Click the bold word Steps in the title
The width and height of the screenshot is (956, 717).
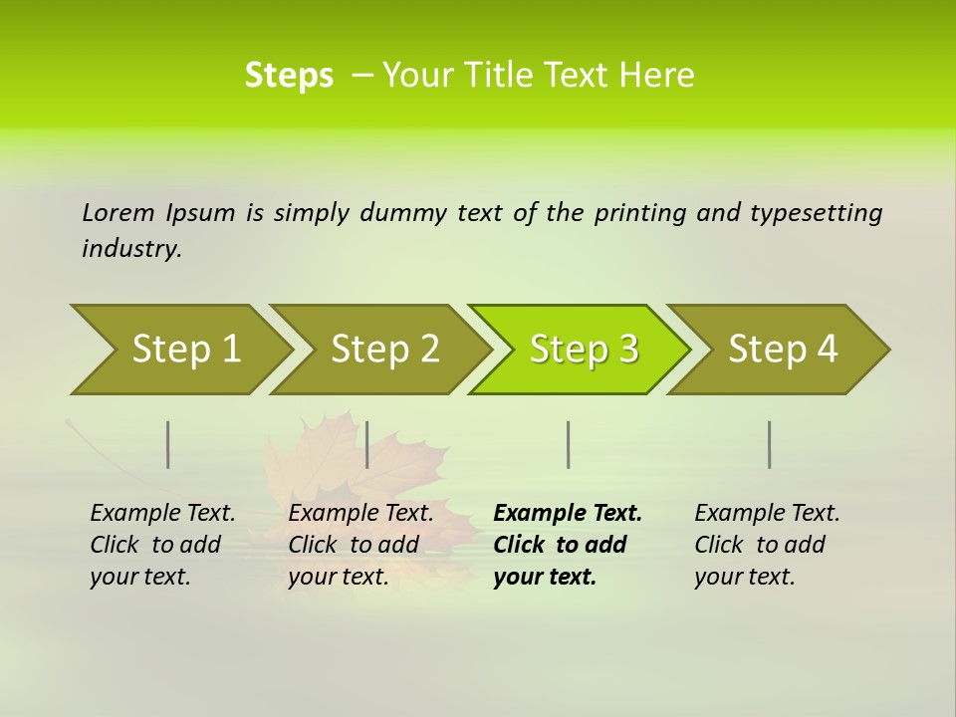(x=289, y=76)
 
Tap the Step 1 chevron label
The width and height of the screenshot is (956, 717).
(x=186, y=350)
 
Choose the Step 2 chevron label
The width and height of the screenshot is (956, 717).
(x=385, y=350)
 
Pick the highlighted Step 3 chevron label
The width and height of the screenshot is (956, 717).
(x=584, y=350)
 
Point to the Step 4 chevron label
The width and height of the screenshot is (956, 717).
(x=783, y=350)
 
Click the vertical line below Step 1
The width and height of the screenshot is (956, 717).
(x=168, y=445)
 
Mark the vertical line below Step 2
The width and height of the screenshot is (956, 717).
(x=367, y=445)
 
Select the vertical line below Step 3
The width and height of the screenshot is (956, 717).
(x=568, y=445)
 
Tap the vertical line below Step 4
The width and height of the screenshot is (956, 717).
(x=770, y=445)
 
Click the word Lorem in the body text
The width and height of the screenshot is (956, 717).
(x=119, y=213)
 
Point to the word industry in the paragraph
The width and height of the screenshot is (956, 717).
(x=131, y=249)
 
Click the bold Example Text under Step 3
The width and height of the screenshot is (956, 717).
(x=568, y=513)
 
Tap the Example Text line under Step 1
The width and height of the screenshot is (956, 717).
(x=162, y=513)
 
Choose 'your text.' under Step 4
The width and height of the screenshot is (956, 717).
(x=744, y=577)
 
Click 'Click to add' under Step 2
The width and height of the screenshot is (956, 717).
(x=354, y=545)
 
